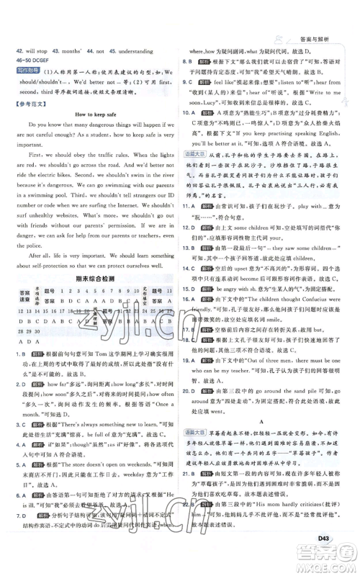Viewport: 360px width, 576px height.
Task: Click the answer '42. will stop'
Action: [42, 52]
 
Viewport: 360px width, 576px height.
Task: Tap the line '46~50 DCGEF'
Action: [45, 62]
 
